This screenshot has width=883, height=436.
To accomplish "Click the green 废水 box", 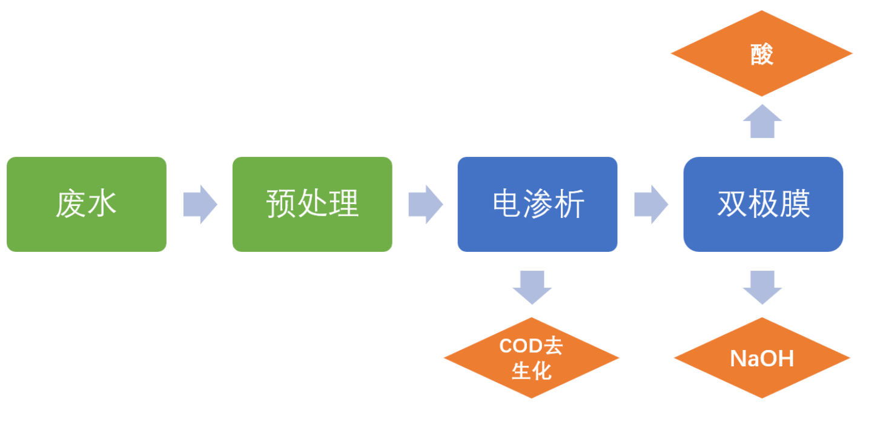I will pos(87,204).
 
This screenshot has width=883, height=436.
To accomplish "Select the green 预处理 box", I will pos(312,204).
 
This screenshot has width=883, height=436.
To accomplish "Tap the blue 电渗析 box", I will pos(537,204).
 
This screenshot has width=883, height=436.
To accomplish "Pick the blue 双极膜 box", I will pos(763,204).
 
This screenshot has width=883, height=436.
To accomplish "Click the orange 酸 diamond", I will pos(761,54).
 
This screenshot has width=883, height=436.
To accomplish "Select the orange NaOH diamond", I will pos(762,358).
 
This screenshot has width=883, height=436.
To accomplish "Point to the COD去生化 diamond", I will pos(531,358).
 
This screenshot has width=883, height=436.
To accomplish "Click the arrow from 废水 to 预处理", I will pos(200,204).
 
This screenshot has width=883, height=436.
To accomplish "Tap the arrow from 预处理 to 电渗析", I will pos(425,204).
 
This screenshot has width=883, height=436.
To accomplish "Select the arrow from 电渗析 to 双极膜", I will pos(650,204).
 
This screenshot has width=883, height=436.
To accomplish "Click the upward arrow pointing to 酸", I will pos(762,122).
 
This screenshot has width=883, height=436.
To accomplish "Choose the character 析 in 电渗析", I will pos(569,204).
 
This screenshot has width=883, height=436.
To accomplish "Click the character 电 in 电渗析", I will pos(507,204).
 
